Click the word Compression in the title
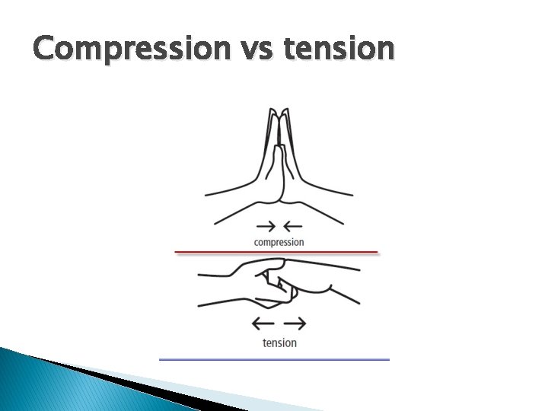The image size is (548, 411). point(130,49)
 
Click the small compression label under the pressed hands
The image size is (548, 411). point(279,242)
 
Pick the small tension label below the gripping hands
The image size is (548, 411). point(279,342)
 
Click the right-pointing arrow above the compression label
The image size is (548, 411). point(266,226)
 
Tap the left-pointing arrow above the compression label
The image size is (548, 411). point(292,226)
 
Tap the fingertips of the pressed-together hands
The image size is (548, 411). point(279,114)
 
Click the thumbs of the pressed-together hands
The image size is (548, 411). point(279,164)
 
